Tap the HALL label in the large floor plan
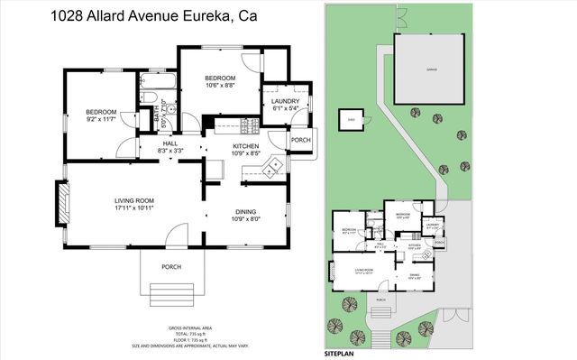169,143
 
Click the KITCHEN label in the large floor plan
246,145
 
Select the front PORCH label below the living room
169,266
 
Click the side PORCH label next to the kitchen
300,140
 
